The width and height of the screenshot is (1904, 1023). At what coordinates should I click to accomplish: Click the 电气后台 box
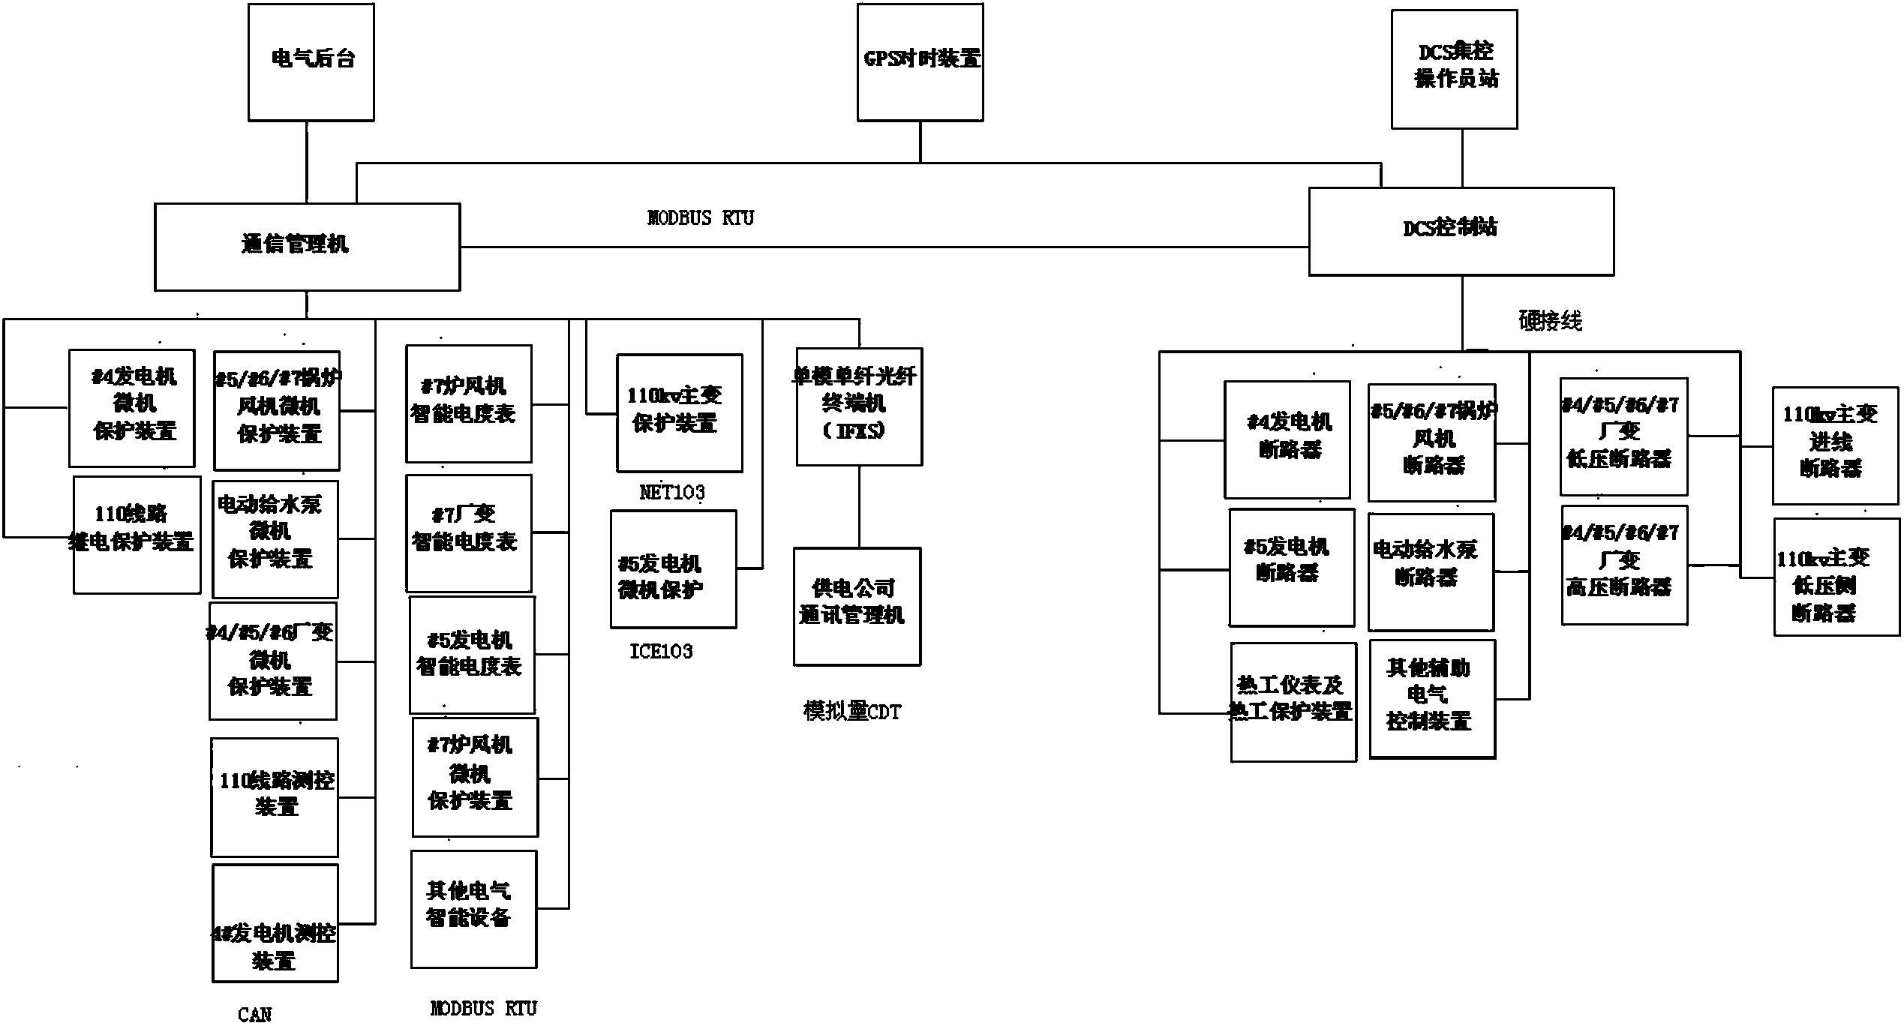pyautogui.click(x=311, y=62)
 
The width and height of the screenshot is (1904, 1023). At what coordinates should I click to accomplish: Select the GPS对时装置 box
pyautogui.click(x=920, y=62)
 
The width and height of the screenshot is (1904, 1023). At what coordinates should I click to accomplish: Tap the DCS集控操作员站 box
pyautogui.click(x=1454, y=69)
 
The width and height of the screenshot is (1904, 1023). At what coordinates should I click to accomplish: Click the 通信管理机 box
pyautogui.click(x=307, y=246)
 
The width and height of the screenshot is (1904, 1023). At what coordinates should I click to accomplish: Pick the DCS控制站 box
pyautogui.click(x=1461, y=231)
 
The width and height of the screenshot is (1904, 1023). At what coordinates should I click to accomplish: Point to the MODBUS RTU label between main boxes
pyautogui.click(x=700, y=218)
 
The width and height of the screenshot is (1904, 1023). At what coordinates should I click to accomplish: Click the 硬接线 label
pyautogui.click(x=1550, y=321)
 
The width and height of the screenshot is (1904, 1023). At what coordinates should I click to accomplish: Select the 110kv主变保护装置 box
pyautogui.click(x=679, y=412)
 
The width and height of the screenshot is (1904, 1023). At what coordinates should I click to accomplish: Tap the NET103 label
pyautogui.click(x=671, y=493)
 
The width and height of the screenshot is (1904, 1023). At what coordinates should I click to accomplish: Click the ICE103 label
pyautogui.click(x=661, y=651)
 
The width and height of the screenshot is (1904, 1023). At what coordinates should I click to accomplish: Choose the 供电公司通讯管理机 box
pyautogui.click(x=857, y=606)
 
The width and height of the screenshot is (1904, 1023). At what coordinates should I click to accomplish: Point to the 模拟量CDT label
pyautogui.click(x=852, y=711)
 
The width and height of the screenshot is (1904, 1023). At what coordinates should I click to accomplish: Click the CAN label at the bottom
pyautogui.click(x=254, y=1014)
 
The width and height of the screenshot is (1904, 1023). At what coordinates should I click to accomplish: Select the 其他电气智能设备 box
pyautogui.click(x=473, y=909)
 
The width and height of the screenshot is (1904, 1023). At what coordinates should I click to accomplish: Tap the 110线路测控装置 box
pyautogui.click(x=275, y=796)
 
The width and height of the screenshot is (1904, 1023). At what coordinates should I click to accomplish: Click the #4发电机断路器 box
pyautogui.click(x=1287, y=439)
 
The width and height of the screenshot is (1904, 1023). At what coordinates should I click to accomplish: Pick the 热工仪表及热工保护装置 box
pyautogui.click(x=1293, y=702)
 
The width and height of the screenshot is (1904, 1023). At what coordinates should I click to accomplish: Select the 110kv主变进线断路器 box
pyautogui.click(x=1835, y=445)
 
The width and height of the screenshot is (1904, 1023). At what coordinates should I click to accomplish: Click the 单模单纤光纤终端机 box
pyautogui.click(x=858, y=406)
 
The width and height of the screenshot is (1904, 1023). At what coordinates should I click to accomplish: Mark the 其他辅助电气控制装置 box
pyautogui.click(x=1431, y=699)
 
